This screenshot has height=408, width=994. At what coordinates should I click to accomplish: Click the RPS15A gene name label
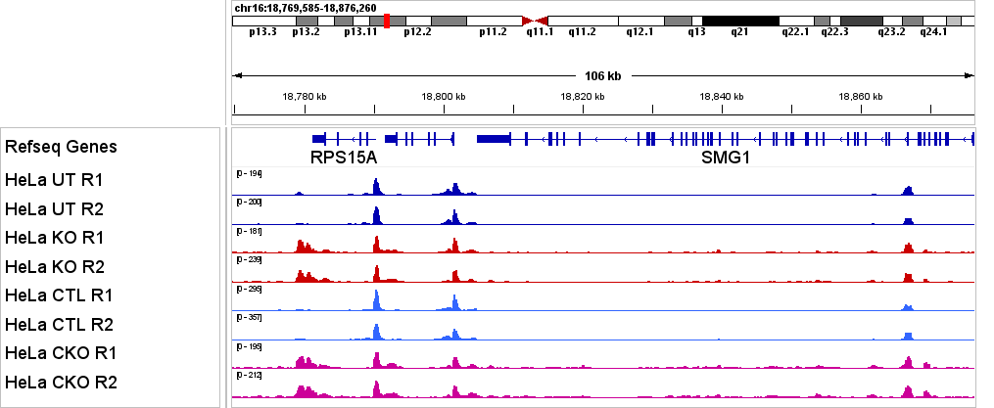(x=344, y=158)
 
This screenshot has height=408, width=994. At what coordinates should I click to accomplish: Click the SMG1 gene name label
(x=725, y=158)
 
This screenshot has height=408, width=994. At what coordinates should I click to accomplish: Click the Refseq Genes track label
(x=61, y=147)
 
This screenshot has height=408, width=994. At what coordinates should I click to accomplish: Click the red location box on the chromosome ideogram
(x=388, y=21)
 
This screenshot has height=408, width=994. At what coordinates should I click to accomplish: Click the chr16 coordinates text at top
(x=305, y=8)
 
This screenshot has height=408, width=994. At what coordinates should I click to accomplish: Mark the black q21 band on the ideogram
(x=740, y=21)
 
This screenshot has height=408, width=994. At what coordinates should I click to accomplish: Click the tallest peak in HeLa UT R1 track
(x=376, y=186)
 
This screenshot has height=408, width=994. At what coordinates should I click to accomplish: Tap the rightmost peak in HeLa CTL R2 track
(x=908, y=336)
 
